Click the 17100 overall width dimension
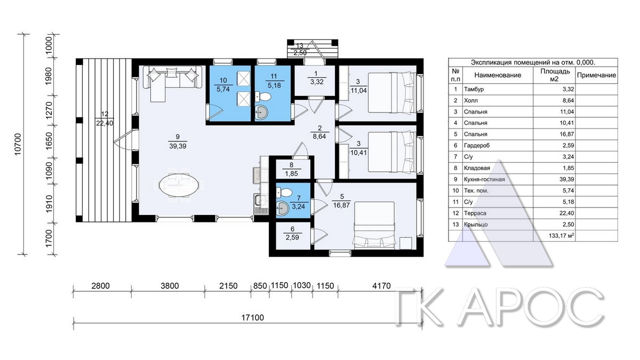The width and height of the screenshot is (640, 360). (253, 318)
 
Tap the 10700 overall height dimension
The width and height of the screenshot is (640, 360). (18, 145)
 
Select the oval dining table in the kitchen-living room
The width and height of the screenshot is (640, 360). (179, 185)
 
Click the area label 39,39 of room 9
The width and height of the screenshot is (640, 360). (178, 146)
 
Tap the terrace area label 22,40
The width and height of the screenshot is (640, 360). (105, 123)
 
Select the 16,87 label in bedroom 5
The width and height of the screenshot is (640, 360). (341, 205)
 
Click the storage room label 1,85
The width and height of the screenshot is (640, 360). (291, 173)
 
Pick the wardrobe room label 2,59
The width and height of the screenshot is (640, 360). (292, 237)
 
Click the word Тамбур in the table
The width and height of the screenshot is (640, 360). (474, 89)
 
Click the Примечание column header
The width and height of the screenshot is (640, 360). (596, 75)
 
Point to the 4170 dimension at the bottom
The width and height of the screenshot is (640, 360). (381, 286)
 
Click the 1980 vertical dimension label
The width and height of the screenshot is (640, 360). (49, 76)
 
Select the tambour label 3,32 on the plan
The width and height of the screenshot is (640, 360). (317, 82)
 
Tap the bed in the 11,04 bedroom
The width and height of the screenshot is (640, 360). (391, 92)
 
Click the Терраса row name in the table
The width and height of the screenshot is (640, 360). (475, 213)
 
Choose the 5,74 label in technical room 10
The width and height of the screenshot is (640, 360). (223, 89)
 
